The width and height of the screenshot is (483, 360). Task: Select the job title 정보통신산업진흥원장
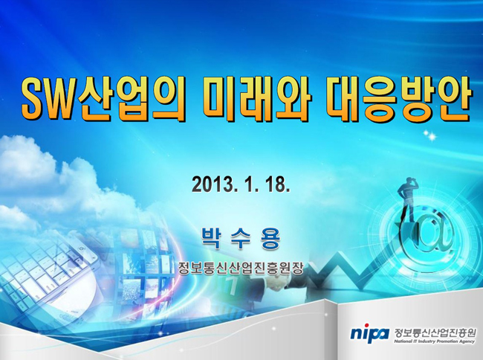241,268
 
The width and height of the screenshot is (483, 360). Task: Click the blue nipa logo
370,333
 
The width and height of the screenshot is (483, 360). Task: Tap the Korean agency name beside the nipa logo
435,332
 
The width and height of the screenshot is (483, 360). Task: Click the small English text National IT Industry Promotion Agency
435,341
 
